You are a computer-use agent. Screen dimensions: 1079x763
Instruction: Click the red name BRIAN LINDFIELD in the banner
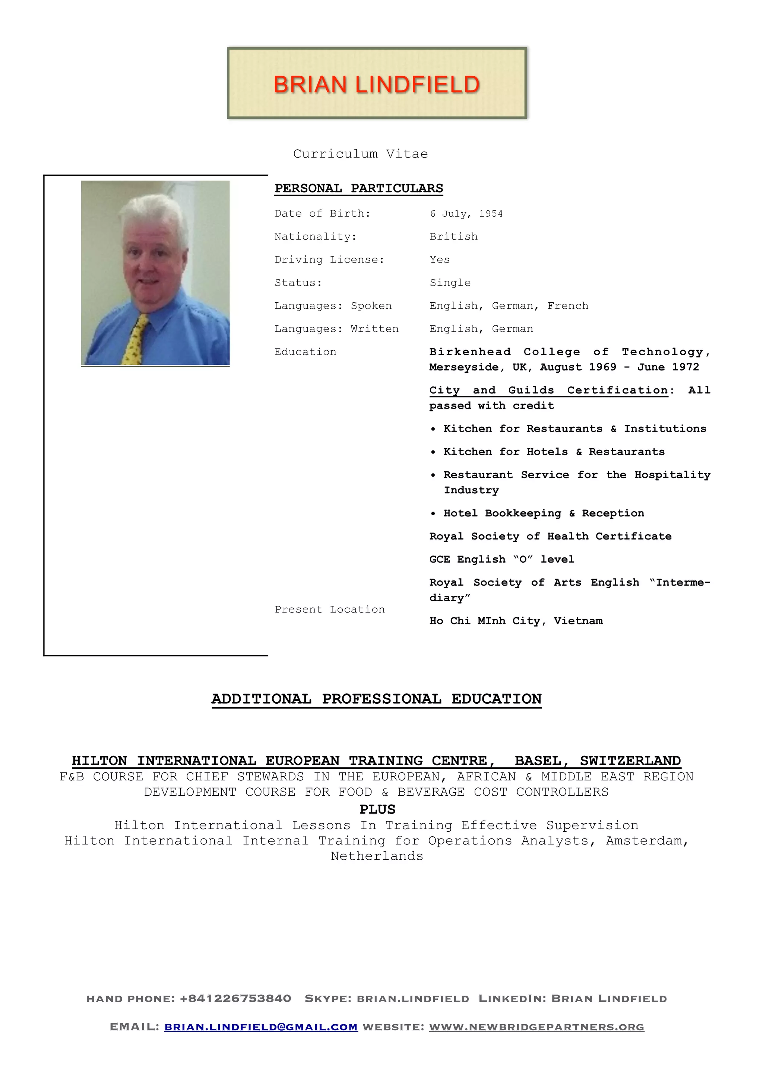coord(377,85)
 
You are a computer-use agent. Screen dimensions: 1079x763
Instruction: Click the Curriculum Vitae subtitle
coord(361,154)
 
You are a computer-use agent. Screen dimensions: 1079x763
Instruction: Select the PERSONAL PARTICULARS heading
coord(359,188)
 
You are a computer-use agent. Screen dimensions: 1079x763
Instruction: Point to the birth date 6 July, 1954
coord(466,214)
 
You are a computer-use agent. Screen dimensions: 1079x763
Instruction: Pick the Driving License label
coord(329,260)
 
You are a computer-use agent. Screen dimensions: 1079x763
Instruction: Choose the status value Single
coord(450,283)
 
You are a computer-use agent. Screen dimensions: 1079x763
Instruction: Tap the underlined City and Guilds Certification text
coord(548,391)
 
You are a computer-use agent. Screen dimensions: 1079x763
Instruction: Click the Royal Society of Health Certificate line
coord(550,537)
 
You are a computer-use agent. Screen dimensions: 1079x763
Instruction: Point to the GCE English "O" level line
coord(501,560)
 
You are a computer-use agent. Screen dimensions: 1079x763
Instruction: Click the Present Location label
coord(330,610)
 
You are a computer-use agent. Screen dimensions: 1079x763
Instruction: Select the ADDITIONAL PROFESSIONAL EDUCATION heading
coord(377,699)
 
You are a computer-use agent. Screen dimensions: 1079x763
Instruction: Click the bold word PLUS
coord(377,809)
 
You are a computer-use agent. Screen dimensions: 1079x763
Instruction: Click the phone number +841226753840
coord(235,999)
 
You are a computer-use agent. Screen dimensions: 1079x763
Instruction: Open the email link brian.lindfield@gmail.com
coord(261,1027)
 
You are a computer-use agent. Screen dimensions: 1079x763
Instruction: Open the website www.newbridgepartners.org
coord(536,1027)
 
